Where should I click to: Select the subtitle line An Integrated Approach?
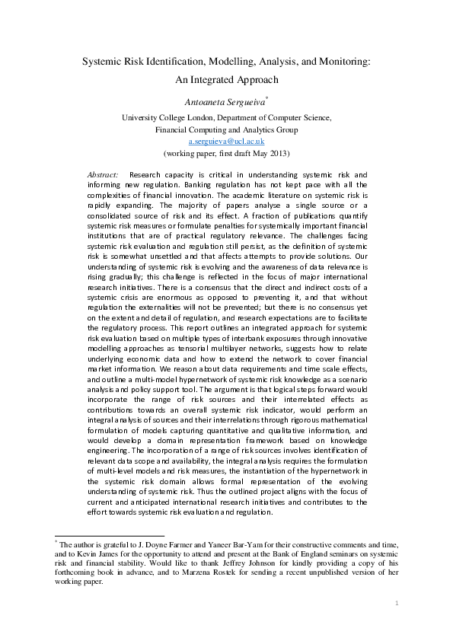(x=226, y=78)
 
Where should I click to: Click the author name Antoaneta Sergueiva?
(x=224, y=101)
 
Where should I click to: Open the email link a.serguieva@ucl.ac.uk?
(x=226, y=141)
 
